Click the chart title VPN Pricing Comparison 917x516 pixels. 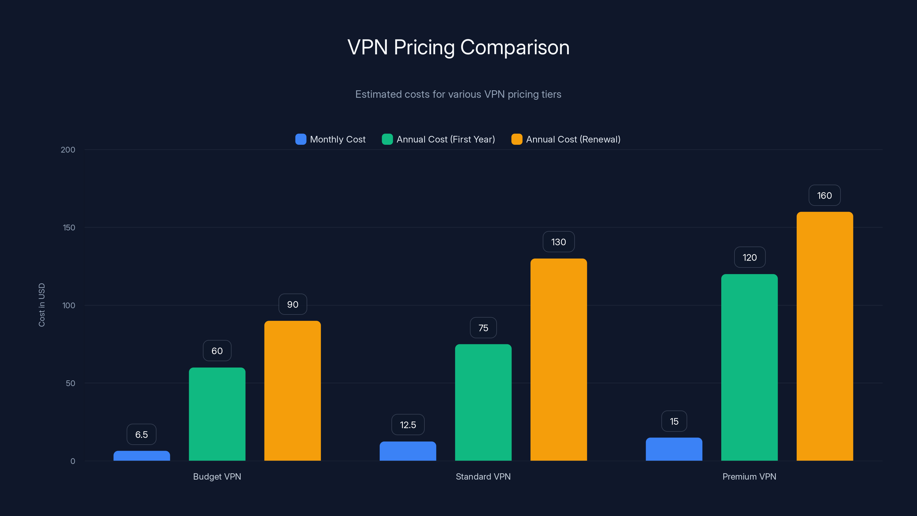click(x=458, y=47)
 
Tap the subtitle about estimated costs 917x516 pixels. click(x=458, y=94)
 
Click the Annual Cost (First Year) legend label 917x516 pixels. click(x=445, y=139)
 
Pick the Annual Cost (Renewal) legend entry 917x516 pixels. click(x=573, y=139)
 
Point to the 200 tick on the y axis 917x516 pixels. click(x=68, y=150)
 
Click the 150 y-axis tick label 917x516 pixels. click(x=69, y=228)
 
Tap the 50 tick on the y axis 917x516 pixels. click(x=70, y=383)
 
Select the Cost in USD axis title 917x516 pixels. click(x=42, y=305)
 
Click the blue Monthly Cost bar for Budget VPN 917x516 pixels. click(x=142, y=456)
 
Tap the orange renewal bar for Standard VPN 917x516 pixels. click(x=559, y=360)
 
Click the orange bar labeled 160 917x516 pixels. click(x=824, y=337)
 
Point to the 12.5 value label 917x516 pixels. click(x=408, y=425)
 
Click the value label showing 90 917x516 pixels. click(x=293, y=304)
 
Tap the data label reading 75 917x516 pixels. click(x=483, y=328)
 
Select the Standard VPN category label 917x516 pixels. click(x=483, y=476)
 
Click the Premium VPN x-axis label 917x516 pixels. click(x=749, y=476)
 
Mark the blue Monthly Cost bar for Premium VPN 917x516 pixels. click(x=674, y=449)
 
